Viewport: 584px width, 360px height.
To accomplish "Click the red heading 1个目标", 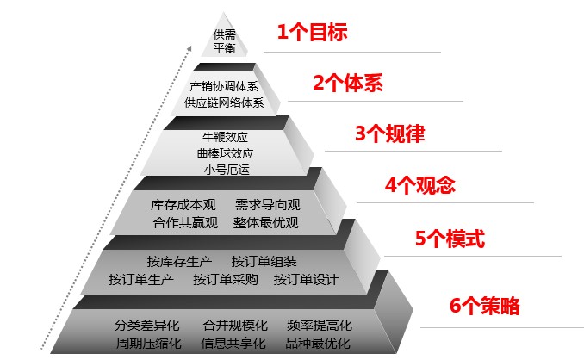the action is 312,32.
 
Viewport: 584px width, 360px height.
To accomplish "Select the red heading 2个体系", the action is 347,83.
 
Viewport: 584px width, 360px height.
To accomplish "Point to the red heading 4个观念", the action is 419,184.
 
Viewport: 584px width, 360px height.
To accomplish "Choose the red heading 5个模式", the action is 450,239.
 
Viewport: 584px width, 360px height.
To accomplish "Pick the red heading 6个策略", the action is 484,306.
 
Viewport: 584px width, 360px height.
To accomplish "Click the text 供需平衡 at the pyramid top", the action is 225,41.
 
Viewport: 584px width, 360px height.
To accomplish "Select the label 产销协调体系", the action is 224,86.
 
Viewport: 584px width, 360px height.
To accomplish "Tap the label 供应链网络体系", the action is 224,102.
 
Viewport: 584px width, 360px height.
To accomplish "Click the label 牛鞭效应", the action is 225,137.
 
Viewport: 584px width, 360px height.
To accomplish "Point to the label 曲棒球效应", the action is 225,153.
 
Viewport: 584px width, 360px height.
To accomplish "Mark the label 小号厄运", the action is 227,170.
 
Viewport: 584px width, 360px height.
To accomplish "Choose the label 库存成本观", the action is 183,205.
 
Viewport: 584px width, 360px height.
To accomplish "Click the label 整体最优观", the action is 266,223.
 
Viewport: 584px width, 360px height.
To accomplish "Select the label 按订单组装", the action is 264,262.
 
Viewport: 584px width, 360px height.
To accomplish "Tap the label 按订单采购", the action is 226,280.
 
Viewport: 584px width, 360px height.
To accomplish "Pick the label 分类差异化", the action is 146,326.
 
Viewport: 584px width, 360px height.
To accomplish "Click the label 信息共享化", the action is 233,344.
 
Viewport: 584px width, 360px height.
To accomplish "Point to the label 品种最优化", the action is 318,344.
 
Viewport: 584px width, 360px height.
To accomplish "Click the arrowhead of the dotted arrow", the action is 189,48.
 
